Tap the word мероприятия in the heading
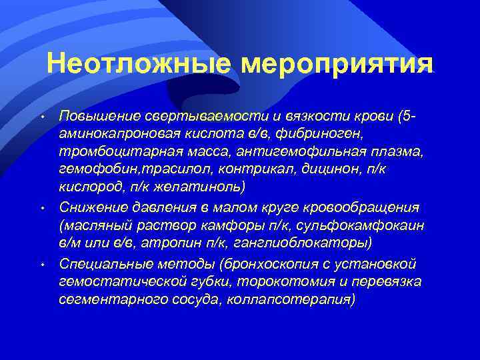click(337, 65)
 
